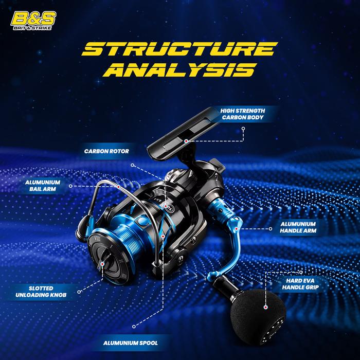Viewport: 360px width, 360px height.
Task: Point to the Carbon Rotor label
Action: pyautogui.click(x=106, y=152)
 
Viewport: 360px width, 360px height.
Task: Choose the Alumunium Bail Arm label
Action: pyautogui.click(x=43, y=186)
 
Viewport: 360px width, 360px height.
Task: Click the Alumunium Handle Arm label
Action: pyautogui.click(x=298, y=228)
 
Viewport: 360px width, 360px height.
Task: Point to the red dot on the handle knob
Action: pyautogui.click(x=264, y=308)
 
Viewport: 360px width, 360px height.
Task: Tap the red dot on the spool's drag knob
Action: pyautogui.click(x=103, y=263)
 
